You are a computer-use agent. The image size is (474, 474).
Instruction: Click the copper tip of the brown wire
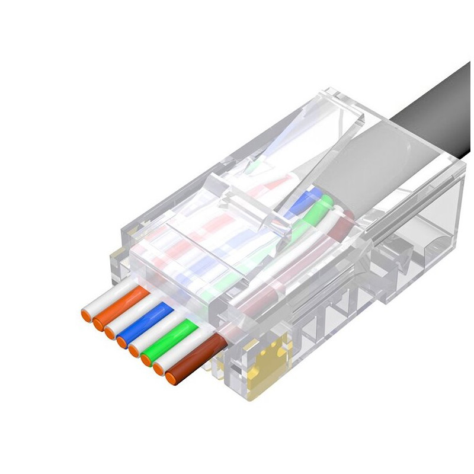click(x=172, y=378)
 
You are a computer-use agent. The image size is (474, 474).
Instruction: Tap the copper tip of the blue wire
click(x=122, y=341)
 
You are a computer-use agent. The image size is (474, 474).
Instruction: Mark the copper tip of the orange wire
click(x=98, y=324)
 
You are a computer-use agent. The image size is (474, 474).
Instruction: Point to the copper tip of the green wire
click(x=146, y=360)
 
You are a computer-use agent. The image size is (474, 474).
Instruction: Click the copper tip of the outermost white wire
click(x=87, y=315)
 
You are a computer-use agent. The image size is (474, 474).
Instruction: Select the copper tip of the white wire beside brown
click(x=159, y=369)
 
